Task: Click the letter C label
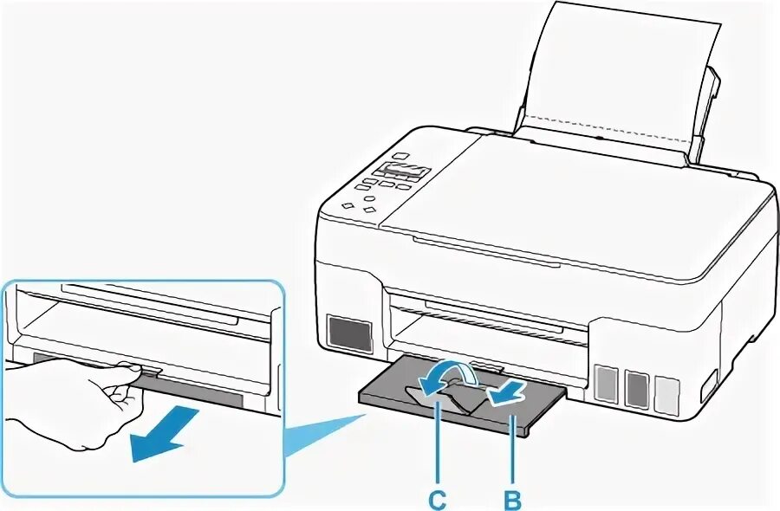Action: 439,499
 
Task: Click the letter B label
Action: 513,499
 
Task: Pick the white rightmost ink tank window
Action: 666,391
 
